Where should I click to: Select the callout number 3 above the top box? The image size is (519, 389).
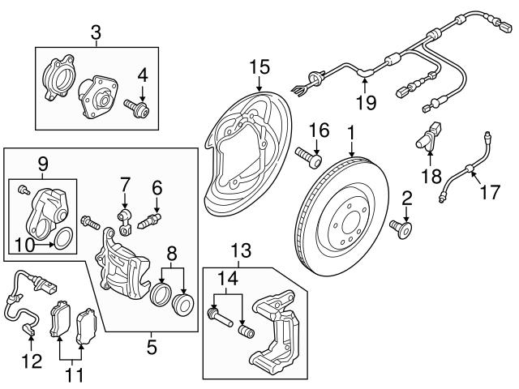(x=96, y=33)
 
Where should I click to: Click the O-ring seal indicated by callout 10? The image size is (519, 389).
(x=63, y=238)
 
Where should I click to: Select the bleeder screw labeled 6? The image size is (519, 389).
(x=152, y=220)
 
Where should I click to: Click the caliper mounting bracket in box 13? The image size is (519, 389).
(x=276, y=332)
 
